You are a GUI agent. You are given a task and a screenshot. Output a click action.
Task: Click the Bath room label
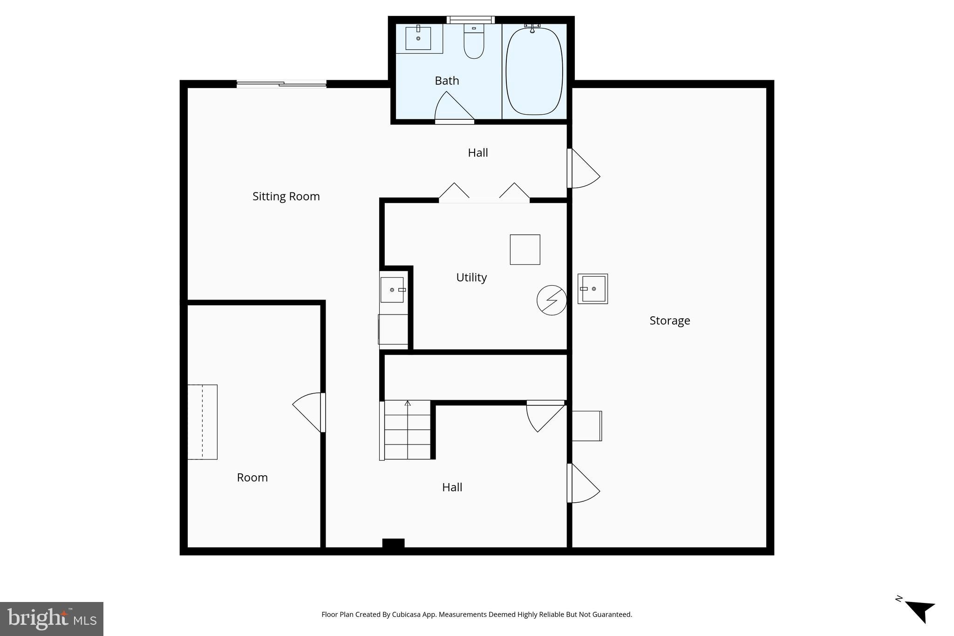[447, 81]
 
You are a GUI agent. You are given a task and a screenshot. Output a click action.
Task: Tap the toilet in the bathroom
[474, 42]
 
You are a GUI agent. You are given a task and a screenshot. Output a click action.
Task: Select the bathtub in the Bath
[534, 71]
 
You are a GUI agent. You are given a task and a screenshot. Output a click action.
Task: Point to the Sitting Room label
[286, 196]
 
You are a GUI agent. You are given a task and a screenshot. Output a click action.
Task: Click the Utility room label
[471, 277]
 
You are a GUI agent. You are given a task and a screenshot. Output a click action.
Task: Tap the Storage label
[669, 321]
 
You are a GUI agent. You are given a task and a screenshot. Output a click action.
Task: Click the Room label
[252, 478]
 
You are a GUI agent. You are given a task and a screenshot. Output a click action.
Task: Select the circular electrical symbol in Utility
[552, 300]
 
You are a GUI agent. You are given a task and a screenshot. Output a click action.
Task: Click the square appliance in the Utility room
[525, 250]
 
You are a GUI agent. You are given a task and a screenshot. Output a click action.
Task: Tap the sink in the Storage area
[593, 289]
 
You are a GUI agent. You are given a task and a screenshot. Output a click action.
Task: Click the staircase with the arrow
[407, 430]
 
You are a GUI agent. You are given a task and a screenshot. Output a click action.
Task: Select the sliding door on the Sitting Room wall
[281, 84]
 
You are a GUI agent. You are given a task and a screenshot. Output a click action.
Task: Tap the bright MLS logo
[52, 619]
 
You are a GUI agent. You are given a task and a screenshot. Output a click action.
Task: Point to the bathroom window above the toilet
[470, 20]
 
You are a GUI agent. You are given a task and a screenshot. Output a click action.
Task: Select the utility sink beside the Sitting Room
[392, 290]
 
